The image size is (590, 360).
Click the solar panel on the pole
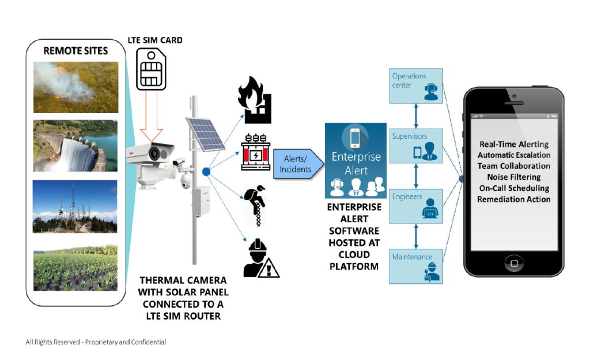click(x=204, y=132)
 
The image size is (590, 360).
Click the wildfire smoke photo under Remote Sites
click(x=75, y=86)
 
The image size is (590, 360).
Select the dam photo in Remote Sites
click(x=75, y=146)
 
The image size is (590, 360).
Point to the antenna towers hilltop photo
click(x=75, y=206)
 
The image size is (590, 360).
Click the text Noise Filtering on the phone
click(x=513, y=177)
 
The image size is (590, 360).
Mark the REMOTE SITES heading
click(x=75, y=51)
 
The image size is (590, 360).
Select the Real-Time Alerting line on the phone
click(x=513, y=144)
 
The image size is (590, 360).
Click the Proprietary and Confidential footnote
click(x=96, y=342)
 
